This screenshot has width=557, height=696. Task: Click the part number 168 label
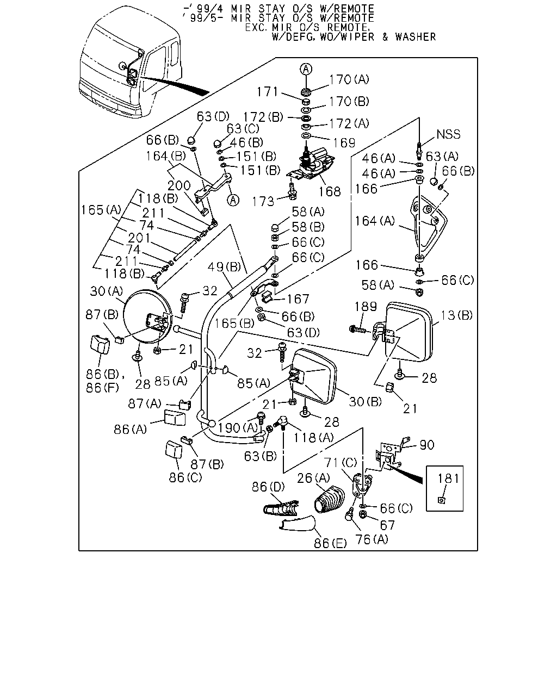coord(330,191)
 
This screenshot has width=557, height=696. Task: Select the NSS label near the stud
coord(448,134)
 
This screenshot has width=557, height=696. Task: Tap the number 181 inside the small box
coord(448,478)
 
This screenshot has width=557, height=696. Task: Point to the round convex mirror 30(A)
coord(148,316)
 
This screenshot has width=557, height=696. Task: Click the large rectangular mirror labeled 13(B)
coord(409,332)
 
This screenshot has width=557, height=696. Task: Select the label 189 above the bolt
coord(366,306)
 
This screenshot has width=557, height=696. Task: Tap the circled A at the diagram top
coord(306,69)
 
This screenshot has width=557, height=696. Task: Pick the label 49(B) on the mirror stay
coord(224,267)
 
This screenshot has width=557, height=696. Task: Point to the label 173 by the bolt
coord(263,202)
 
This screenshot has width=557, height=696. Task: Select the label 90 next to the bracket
coord(427,445)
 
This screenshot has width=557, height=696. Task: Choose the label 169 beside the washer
coord(344,142)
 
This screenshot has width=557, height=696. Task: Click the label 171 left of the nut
coord(267,92)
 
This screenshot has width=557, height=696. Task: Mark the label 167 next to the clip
coord(298,299)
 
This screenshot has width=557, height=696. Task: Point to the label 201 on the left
coord(139,238)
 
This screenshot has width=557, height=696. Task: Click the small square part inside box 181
coord(441,500)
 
